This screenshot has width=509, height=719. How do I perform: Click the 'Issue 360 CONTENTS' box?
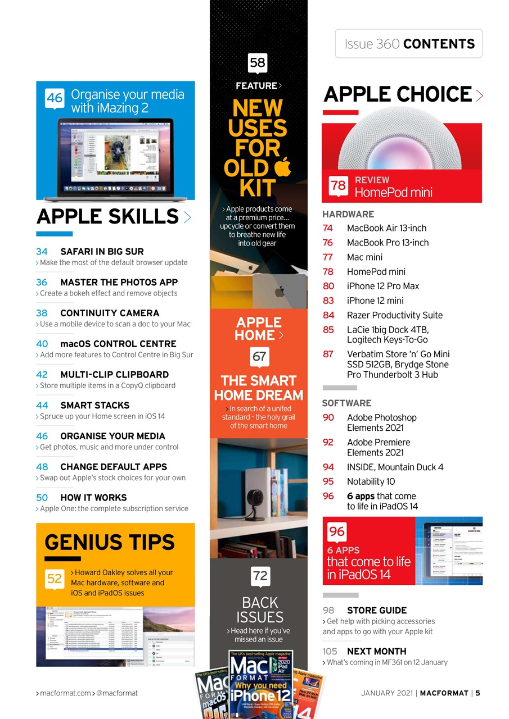coord(409,44)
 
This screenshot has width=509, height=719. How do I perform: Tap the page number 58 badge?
coord(257,63)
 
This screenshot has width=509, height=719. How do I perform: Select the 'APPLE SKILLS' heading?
coord(107,216)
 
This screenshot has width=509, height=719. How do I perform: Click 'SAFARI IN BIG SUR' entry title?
coord(102,251)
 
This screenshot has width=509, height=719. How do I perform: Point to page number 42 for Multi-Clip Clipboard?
coord(42,374)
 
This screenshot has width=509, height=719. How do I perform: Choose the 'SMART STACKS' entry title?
coord(94,405)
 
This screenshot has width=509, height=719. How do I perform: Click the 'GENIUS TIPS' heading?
coord(110,542)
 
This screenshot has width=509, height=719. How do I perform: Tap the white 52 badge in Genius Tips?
coord(54,578)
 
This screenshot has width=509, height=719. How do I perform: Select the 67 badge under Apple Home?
coord(259,357)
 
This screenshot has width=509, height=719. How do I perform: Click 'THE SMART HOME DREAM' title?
coord(259,388)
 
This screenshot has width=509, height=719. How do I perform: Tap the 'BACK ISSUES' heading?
coord(259,609)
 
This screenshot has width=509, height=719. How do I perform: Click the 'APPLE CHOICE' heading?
coord(398,94)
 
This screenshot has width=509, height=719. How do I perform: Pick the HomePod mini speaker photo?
coord(402,140)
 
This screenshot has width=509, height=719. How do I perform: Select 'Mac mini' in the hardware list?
coord(364,257)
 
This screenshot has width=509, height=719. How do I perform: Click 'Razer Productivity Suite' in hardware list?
coord(394,315)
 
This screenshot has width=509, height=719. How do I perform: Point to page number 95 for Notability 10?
coord(328,481)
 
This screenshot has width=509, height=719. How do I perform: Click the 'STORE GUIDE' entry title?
coord(377,610)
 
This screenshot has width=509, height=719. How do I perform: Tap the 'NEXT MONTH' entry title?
coord(376,651)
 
